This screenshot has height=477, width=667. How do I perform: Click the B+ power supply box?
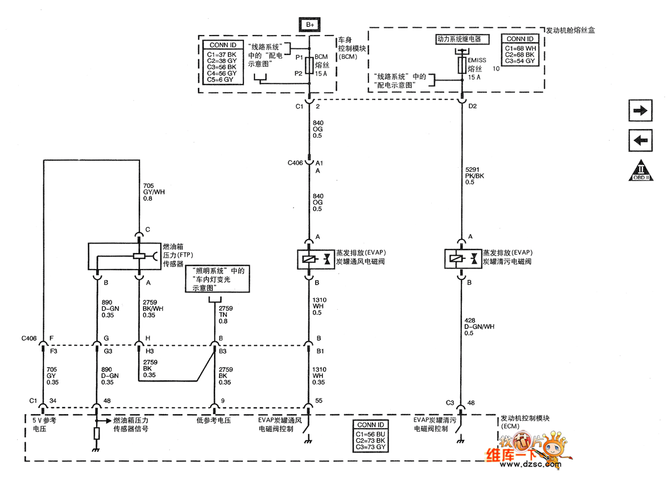310,24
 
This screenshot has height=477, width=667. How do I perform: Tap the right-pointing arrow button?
640,111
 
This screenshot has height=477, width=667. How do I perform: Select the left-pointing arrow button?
640,140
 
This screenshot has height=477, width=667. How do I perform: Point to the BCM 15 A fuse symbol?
310,64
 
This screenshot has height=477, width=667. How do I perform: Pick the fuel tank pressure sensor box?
124,256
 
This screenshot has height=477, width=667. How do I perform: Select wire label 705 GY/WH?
154,192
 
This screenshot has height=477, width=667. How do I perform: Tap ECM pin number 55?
319,400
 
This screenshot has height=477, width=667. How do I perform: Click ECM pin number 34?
54,400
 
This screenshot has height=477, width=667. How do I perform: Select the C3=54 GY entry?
520,61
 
